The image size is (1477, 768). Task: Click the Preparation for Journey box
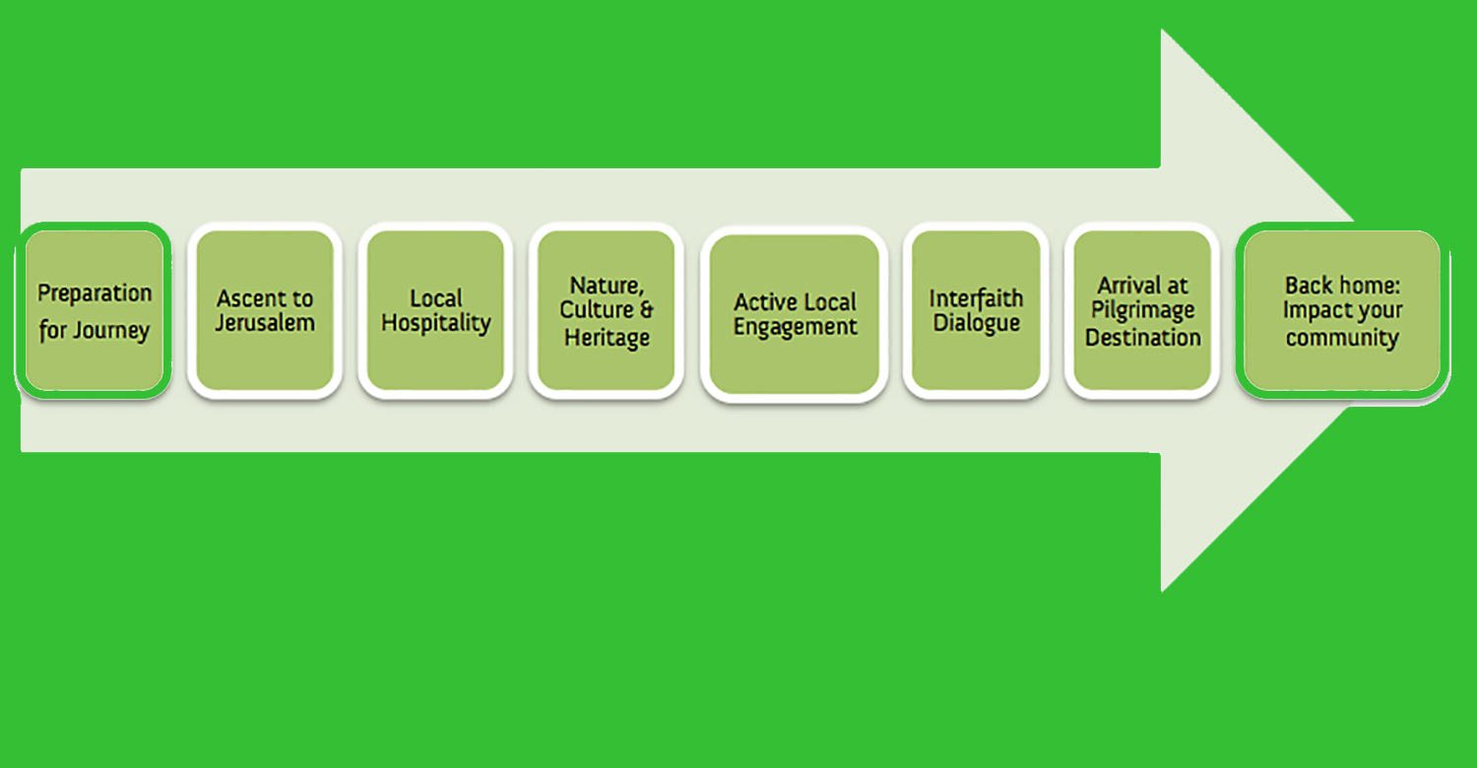pos(94,310)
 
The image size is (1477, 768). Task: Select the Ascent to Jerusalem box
pos(264,310)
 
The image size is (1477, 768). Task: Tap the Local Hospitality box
pos(435,310)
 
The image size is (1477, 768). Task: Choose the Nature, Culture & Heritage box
pos(606,310)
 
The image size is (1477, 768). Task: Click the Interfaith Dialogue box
pos(976,310)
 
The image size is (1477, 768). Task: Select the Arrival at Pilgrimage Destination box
pos(1142,310)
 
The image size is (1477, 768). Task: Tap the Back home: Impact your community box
pos(1341,310)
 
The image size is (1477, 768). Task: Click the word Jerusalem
pos(265,323)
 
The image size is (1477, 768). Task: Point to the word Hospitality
pos(436,323)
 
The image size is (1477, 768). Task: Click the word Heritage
pos(607,338)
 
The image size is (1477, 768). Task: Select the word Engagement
pos(796,328)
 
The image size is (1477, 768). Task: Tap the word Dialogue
pos(977,323)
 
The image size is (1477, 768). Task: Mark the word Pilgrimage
pos(1143,311)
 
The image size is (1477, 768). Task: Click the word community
pos(1342,338)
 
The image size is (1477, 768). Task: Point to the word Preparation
pos(95,293)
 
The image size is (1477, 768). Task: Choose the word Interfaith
pos(976,297)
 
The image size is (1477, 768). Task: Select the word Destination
pos(1143,338)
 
